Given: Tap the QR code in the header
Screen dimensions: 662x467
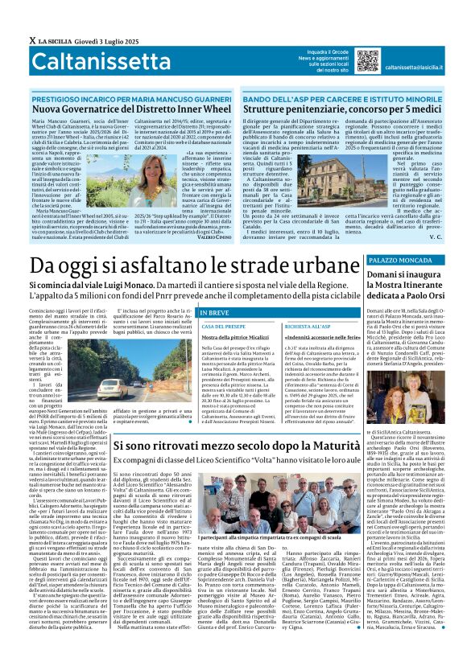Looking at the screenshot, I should coord(367,61).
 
